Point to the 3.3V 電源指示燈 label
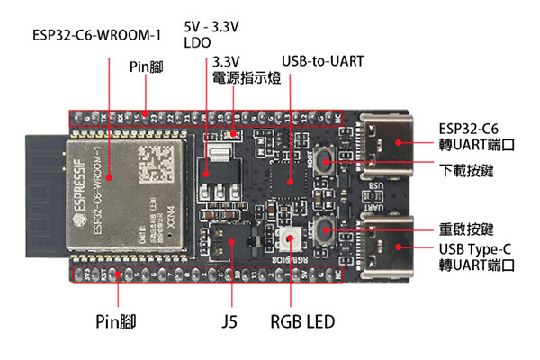click(246, 70)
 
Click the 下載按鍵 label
click(465, 169)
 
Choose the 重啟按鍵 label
click(465, 229)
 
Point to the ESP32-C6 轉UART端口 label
click(476, 135)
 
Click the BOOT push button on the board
click(325, 164)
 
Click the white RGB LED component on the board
click(291, 238)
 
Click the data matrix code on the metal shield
click(157, 157)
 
